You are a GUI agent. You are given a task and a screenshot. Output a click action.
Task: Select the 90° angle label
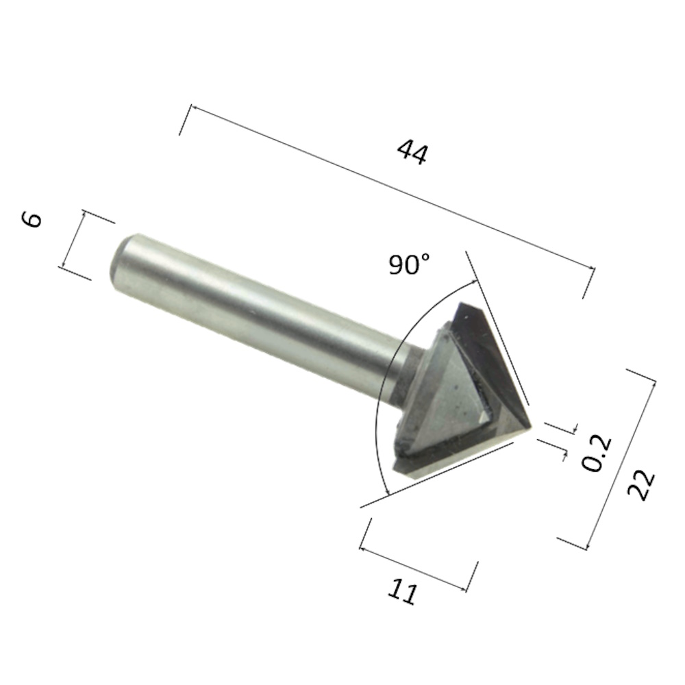409,264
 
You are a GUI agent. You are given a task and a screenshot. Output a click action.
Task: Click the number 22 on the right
641,485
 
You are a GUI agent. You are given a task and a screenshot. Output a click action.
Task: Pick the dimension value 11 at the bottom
402,591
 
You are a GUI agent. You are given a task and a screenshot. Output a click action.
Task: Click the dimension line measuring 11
418,566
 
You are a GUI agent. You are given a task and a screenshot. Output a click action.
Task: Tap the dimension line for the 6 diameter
74,240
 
